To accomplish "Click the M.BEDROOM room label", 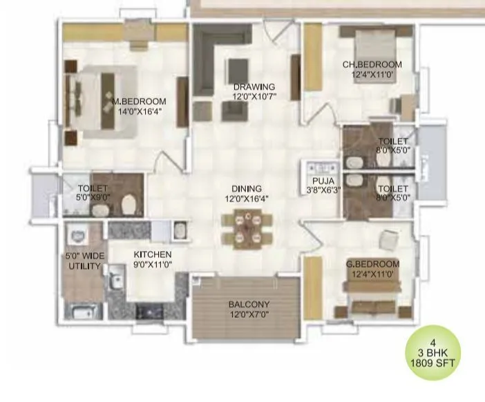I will coord(137,101).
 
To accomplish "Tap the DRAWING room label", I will coord(254,87).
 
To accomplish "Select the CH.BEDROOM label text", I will coord(372,65).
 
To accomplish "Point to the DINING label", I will coord(246,188).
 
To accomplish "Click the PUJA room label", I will coord(318,182).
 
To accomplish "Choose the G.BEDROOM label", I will coord(372,264).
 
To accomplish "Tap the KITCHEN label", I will coord(152,254).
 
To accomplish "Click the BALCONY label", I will coord(249,304).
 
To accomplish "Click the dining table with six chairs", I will coord(247,230).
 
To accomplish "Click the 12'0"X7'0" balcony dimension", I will coord(249,315).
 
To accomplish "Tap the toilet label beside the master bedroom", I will coord(92,187).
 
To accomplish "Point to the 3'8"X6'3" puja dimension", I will coord(318,192).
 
